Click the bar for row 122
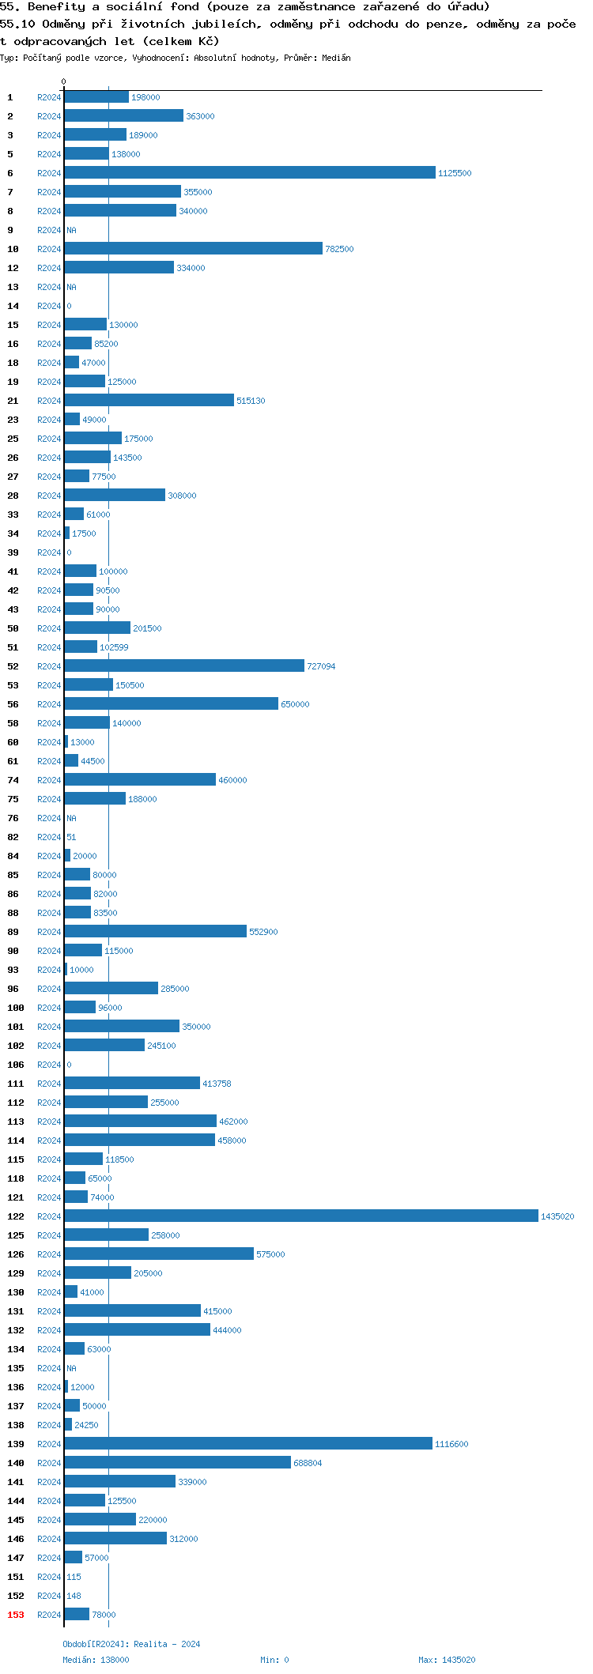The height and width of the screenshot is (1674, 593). pyautogui.click(x=300, y=1216)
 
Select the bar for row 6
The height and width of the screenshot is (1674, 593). pyautogui.click(x=249, y=172)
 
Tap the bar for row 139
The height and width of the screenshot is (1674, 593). pyautogui.click(x=247, y=1443)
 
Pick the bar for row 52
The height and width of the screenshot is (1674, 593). pyautogui.click(x=183, y=665)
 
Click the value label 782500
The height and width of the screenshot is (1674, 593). pyautogui.click(x=339, y=249)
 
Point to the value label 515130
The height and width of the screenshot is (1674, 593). pyautogui.click(x=251, y=401)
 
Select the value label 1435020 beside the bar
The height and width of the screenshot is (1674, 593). pyautogui.click(x=557, y=1216)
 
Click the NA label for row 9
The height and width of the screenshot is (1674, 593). pyautogui.click(x=71, y=230)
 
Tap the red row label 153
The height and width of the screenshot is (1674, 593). pyautogui.click(x=16, y=1615)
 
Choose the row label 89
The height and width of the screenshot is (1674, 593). pyautogui.click(x=13, y=932)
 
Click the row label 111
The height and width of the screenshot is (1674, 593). pyautogui.click(x=16, y=1084)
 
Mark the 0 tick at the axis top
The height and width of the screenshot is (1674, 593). pyautogui.click(x=64, y=81)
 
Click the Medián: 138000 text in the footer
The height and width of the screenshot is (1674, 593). pyautogui.click(x=96, y=1660)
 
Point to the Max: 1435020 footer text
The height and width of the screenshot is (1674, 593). pyautogui.click(x=447, y=1660)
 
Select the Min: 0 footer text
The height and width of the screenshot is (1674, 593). pyautogui.click(x=274, y=1660)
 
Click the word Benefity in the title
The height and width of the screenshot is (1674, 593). pyautogui.click(x=56, y=7)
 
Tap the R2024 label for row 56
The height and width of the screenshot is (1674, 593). pyautogui.click(x=49, y=704)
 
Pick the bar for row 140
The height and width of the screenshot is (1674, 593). pyautogui.click(x=177, y=1462)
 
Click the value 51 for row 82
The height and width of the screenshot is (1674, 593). pyautogui.click(x=71, y=837)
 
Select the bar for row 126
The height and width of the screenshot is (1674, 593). pyautogui.click(x=158, y=1254)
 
